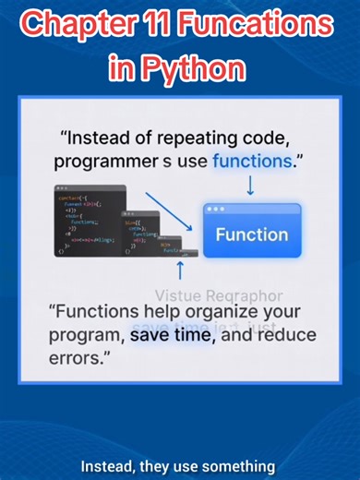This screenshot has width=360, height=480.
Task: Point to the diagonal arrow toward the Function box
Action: pos(174,213)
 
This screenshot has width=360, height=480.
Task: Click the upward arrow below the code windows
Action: pos(181,270)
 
